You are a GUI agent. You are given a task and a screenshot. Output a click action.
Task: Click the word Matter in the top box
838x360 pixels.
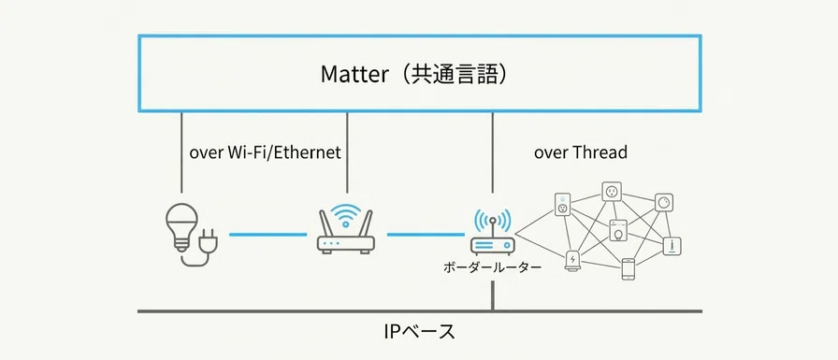(354, 74)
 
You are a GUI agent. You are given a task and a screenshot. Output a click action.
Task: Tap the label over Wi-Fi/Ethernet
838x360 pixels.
(265, 152)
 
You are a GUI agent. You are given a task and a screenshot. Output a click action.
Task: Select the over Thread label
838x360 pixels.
(581, 152)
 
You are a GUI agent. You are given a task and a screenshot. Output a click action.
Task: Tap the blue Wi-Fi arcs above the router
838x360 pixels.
(345, 213)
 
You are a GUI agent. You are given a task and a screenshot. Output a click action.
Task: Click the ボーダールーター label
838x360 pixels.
(492, 266)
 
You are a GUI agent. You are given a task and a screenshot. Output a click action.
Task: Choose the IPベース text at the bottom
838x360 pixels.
(420, 332)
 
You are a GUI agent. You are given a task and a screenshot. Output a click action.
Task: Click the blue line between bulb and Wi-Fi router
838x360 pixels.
(267, 234)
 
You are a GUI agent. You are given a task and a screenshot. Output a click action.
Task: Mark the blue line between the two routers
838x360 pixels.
(426, 234)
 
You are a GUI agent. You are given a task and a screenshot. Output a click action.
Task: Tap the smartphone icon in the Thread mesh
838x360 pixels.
(628, 269)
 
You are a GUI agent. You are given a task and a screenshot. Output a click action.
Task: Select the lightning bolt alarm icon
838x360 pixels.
(573, 260)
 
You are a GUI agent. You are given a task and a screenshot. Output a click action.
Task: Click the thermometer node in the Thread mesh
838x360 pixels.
(672, 245)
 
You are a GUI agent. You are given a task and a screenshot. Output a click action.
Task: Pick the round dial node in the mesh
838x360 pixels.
(664, 202)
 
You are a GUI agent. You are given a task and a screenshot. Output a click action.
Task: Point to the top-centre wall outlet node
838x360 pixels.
(612, 190)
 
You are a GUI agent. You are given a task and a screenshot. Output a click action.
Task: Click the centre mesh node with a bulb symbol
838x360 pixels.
(618, 230)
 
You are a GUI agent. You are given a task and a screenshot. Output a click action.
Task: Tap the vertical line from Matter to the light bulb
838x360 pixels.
(181, 152)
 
